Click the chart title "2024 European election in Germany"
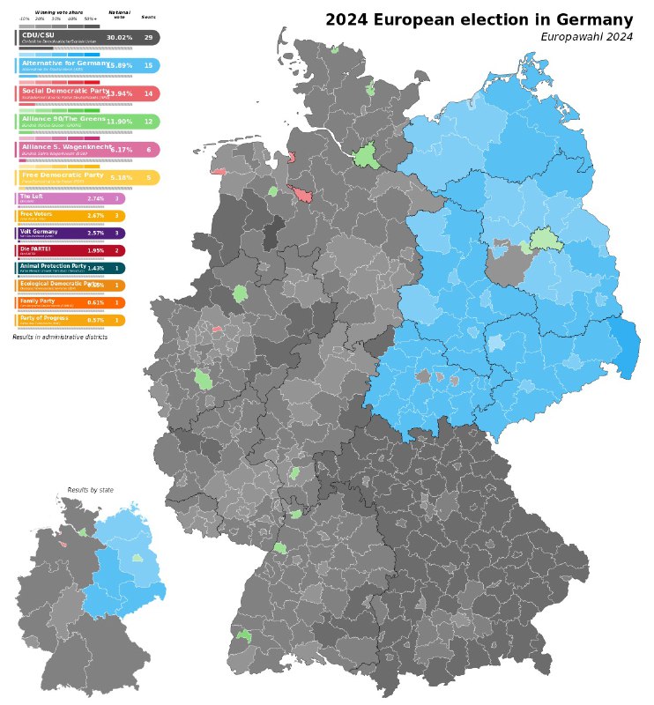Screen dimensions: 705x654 pos(479,20)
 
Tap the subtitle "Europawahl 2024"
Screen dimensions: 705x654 pos(586,37)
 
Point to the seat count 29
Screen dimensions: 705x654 pos(148,38)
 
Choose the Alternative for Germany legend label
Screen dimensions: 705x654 pos(63,64)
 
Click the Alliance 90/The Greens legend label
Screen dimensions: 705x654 pos(63,120)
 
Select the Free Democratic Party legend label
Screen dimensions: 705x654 pos(63,176)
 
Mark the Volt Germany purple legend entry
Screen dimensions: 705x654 pos(40,232)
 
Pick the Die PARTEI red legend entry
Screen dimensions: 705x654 pos(35,249)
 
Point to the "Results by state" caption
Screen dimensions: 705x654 pos(90,490)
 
